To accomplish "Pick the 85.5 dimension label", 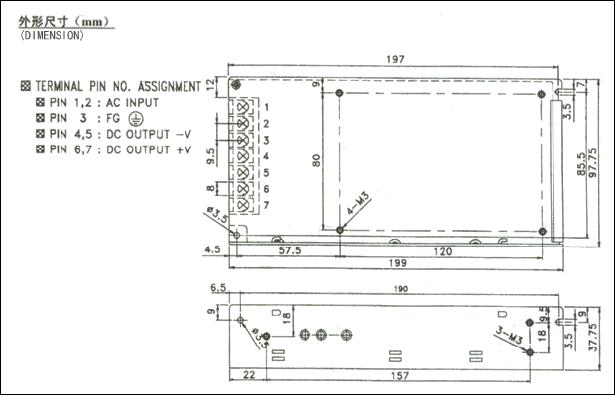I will click(578, 163).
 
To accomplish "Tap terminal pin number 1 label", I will click(267, 106).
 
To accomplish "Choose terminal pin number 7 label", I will click(267, 204).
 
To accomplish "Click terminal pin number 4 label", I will click(267, 155).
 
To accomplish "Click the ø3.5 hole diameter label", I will click(215, 213).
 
